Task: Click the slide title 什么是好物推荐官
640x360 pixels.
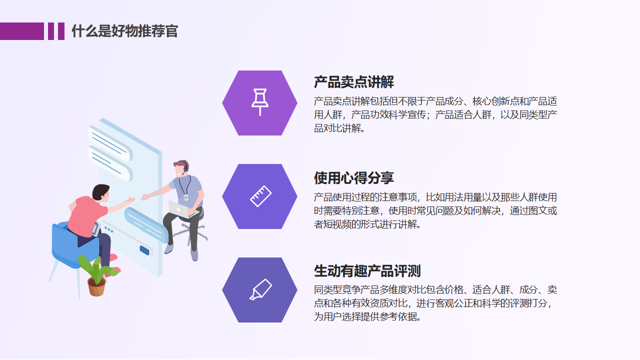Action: click(x=124, y=31)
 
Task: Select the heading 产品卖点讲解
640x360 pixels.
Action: click(x=353, y=82)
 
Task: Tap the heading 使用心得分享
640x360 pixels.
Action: click(x=353, y=177)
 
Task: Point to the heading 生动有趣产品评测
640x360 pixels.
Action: click(x=367, y=271)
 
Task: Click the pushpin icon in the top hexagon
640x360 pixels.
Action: click(x=260, y=102)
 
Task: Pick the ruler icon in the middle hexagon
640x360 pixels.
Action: click(x=260, y=196)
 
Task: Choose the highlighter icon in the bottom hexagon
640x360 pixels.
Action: click(x=260, y=289)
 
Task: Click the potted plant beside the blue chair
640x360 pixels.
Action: click(x=97, y=275)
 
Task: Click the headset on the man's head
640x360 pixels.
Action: click(x=185, y=167)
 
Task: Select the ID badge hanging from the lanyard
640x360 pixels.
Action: click(x=186, y=197)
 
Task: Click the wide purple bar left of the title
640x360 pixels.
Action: click(x=22, y=31)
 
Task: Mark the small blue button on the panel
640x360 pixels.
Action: click(x=144, y=250)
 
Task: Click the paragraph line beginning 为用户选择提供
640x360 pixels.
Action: click(x=367, y=316)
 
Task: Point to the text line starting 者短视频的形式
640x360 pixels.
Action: click(x=367, y=224)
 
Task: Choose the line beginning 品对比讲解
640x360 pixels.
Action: click(x=339, y=128)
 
